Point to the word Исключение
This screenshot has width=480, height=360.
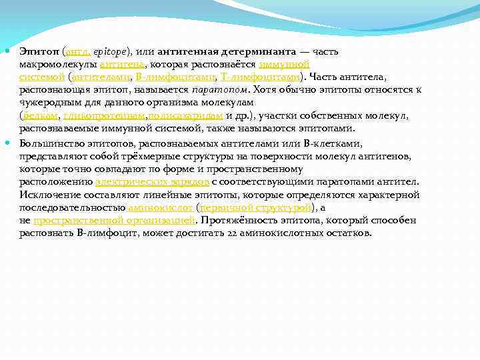[47, 195]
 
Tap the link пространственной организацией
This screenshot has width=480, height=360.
[114, 220]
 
